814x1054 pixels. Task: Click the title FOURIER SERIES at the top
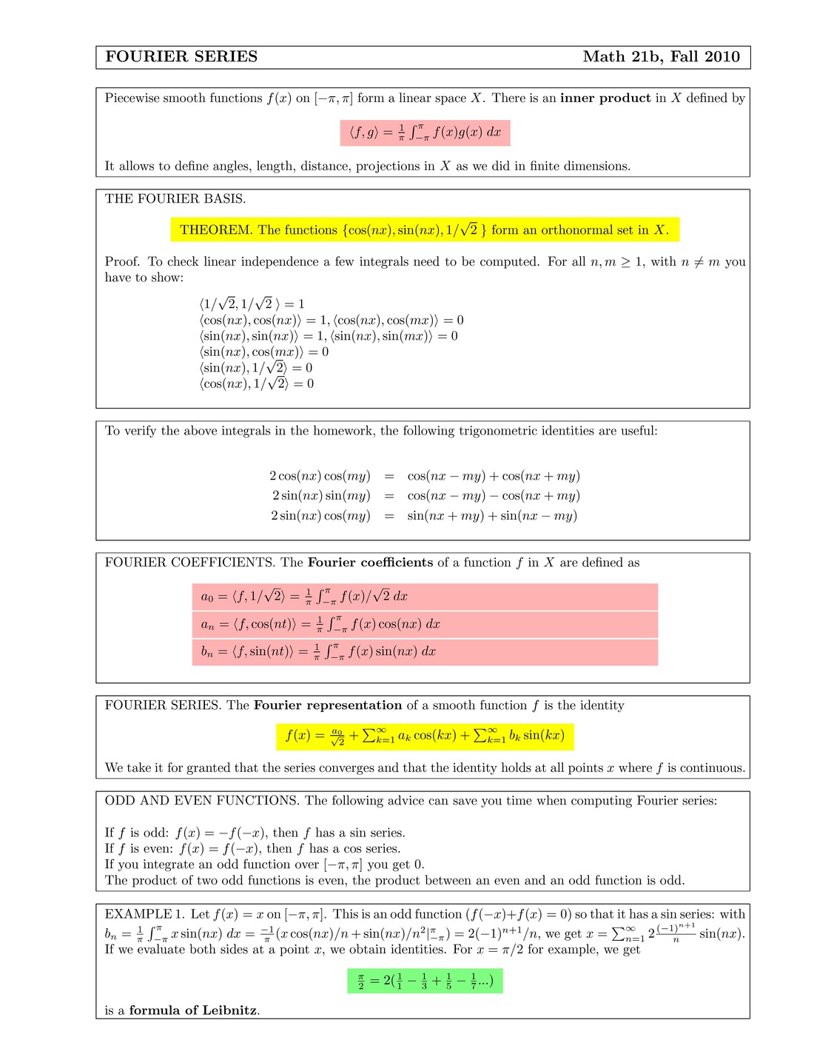point(181,57)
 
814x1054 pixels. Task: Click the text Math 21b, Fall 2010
point(661,57)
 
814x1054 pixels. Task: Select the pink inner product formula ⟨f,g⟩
point(425,132)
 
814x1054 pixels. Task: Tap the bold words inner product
point(605,98)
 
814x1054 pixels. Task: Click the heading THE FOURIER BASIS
point(175,198)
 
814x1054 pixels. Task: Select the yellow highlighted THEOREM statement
point(424,229)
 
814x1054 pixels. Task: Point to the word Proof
point(122,261)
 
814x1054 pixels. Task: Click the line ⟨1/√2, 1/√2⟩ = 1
point(252,303)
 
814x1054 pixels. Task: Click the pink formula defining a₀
point(425,596)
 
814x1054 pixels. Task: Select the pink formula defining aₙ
point(425,624)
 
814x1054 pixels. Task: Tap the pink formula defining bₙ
point(425,651)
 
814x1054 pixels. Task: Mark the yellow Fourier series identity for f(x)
point(425,736)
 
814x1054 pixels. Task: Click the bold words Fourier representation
point(328,705)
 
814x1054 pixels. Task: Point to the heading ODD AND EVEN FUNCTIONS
point(202,801)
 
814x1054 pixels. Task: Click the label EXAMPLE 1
point(144,914)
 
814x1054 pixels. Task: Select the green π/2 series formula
point(425,981)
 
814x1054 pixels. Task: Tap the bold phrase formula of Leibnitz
point(194,1010)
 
